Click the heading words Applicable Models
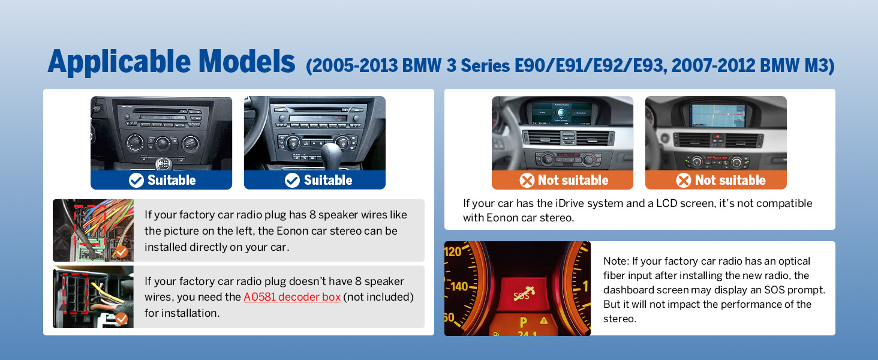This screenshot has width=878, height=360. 172,62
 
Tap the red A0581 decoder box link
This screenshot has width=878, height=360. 292,297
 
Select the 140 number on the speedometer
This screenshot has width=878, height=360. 459,286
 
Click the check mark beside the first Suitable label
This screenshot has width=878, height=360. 136,181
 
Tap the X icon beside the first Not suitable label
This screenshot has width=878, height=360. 527,181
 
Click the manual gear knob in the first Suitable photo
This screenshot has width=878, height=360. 163,163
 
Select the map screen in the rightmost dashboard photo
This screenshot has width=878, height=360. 718,115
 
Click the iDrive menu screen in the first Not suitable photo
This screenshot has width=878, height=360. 562,113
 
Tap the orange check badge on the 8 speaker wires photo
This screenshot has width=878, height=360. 122,252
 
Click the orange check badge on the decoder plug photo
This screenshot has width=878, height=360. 122,319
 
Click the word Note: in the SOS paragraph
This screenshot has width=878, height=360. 616,261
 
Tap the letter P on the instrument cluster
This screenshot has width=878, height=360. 524,322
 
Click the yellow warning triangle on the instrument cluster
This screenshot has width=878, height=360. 544,320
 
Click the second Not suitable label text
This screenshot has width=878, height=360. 730,180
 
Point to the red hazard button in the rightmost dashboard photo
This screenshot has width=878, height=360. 718,137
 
